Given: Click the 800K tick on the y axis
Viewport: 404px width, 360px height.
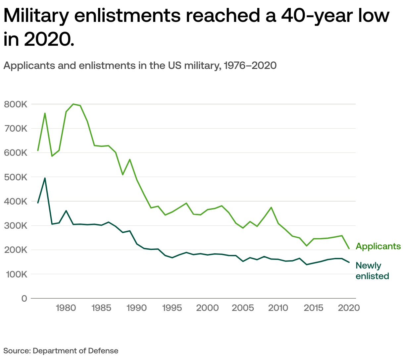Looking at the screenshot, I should [15, 104].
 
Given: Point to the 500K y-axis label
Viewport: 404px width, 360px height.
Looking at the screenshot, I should [15, 177].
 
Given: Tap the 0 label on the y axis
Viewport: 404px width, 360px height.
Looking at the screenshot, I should [24, 298].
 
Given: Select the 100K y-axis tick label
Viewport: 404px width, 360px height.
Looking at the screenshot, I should [15, 274].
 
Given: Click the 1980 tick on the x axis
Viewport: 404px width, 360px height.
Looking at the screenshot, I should [66, 308].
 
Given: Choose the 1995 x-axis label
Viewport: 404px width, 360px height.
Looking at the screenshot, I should [172, 308].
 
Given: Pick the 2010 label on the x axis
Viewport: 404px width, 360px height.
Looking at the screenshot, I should [278, 308].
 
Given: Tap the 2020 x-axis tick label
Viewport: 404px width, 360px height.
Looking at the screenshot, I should [349, 308].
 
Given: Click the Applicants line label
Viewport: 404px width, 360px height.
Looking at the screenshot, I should [378, 246].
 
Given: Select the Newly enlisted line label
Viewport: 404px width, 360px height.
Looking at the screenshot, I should [372, 271].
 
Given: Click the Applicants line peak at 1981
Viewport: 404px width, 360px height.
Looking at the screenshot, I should [73, 104].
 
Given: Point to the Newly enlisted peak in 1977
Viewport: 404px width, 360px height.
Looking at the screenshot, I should [45, 178].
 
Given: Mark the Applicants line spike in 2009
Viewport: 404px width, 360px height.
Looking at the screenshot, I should [271, 207].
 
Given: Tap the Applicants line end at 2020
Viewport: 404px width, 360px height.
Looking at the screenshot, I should [349, 248].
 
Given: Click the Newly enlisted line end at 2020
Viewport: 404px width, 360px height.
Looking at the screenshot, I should [349, 262].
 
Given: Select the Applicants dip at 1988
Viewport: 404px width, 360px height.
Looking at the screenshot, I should [123, 174].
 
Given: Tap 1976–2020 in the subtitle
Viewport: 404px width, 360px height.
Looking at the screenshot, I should [250, 65].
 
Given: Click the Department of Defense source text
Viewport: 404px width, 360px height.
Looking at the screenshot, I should [76, 351].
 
